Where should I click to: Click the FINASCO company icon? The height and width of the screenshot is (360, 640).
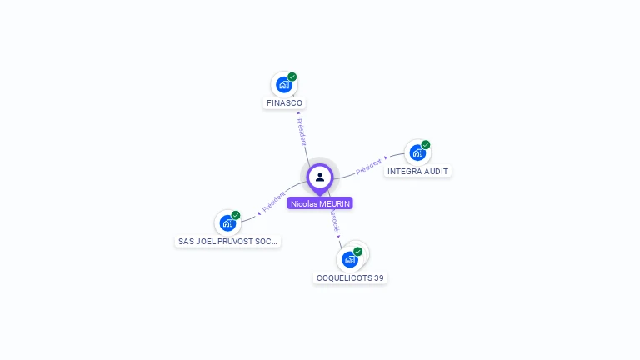click(284, 85)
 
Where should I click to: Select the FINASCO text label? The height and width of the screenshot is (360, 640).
click(284, 103)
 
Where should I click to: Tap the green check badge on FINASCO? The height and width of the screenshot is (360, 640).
click(292, 77)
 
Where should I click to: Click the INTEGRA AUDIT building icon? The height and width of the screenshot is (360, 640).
click(417, 152)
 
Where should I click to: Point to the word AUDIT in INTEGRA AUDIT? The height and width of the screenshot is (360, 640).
click(436, 172)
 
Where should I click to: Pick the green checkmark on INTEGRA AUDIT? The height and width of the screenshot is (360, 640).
click(426, 145)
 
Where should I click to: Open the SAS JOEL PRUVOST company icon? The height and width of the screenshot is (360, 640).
click(227, 222)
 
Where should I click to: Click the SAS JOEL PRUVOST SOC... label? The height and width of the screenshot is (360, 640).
click(228, 242)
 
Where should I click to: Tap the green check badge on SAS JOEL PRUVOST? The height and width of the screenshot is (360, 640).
click(236, 215)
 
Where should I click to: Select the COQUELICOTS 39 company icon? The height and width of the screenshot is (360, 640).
click(350, 259)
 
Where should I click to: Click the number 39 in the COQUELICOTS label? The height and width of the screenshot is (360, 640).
click(379, 278)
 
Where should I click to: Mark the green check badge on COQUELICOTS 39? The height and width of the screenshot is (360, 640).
click(358, 252)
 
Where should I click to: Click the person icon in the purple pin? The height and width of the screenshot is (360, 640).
click(320, 177)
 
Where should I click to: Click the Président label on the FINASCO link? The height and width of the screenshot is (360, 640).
click(302, 132)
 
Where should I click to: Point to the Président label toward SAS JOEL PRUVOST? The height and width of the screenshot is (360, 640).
click(273, 201)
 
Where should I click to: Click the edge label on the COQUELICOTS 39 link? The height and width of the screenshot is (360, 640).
click(334, 221)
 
